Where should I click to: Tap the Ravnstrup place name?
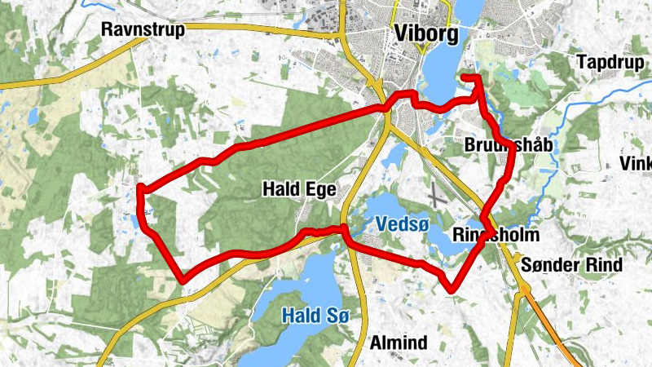(x=143, y=30)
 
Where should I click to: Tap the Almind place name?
(x=399, y=343)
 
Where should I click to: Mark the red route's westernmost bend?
(x=139, y=189)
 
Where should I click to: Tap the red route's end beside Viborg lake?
(x=464, y=77)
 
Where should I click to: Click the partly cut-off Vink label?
(x=636, y=163)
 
